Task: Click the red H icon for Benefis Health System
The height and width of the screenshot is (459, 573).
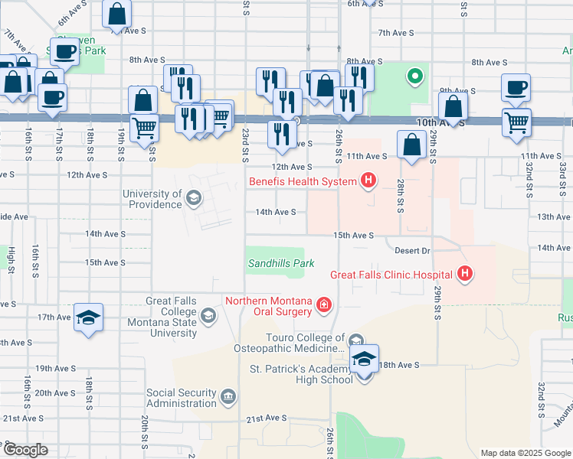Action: [x=369, y=181]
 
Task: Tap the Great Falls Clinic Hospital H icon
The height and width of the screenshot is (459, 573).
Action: [x=464, y=273]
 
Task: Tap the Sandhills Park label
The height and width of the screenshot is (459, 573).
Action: [x=280, y=263]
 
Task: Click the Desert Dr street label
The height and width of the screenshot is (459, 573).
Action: [x=413, y=250]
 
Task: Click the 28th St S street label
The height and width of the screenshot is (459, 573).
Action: [x=400, y=198]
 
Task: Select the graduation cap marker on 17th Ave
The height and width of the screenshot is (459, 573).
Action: [x=89, y=317]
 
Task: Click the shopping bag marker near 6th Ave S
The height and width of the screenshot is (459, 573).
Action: [x=117, y=14]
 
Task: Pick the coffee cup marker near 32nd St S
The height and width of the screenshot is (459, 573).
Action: [x=516, y=86]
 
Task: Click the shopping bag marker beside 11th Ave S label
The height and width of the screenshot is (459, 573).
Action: [x=412, y=144]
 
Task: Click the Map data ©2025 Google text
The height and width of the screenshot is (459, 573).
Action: [x=525, y=453]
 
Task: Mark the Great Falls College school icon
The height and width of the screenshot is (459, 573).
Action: [x=208, y=315]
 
